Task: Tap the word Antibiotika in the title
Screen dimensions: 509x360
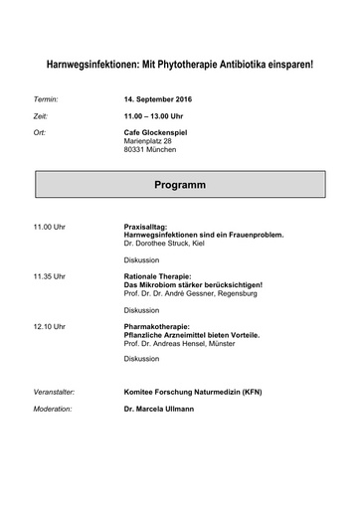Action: tap(246, 65)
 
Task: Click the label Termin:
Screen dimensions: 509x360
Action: tap(47, 100)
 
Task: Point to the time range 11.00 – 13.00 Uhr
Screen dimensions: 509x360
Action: tap(155, 116)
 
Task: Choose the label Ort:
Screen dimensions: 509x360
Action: tap(40, 132)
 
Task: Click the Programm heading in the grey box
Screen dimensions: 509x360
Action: tap(180, 185)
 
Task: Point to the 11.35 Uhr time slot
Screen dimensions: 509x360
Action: tap(50, 275)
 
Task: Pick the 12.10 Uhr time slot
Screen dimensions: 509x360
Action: tap(50, 326)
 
